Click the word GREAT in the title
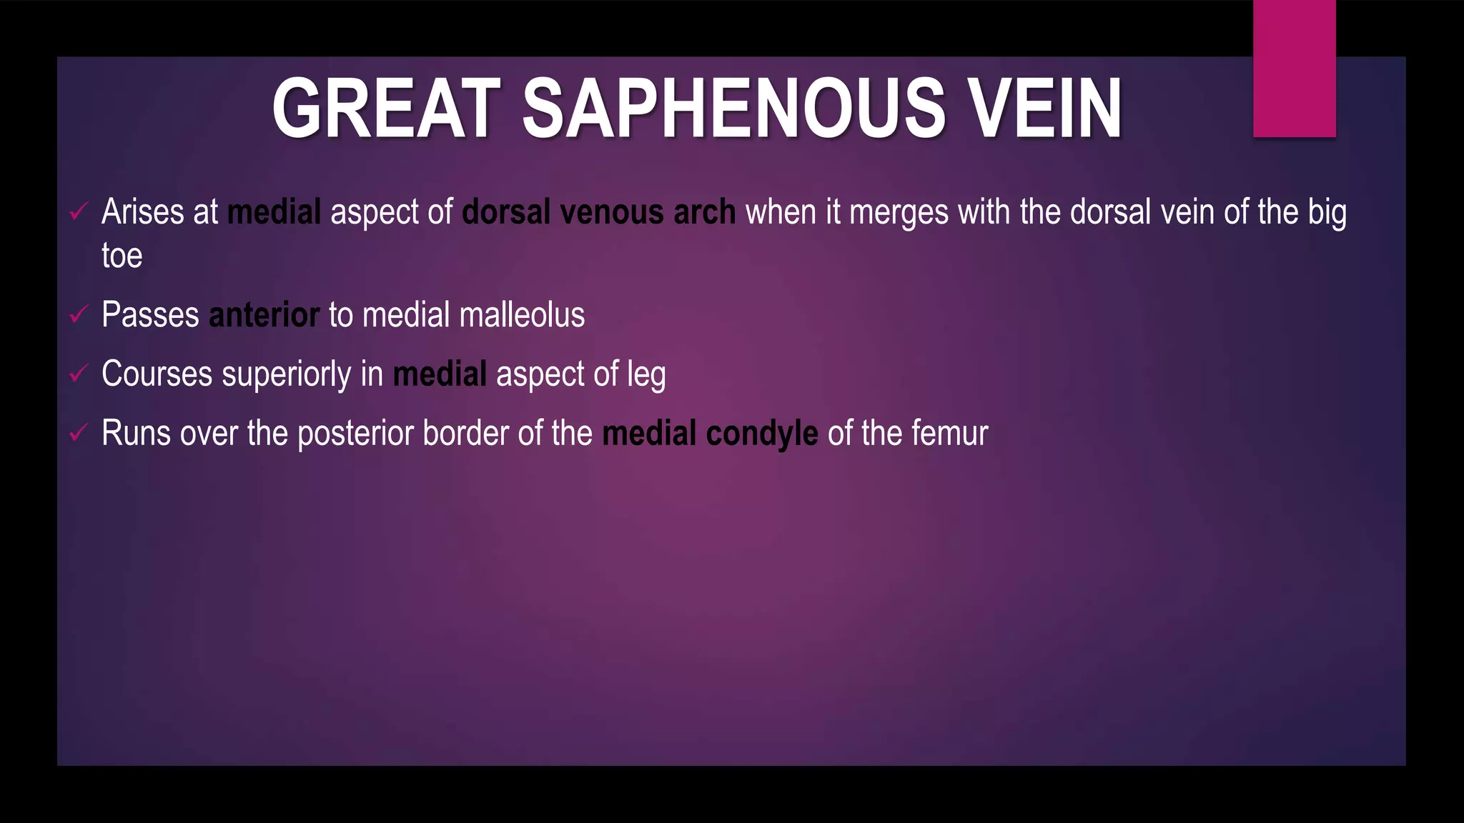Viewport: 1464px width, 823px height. tap(386, 109)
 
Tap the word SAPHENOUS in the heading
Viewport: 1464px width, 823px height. tap(733, 109)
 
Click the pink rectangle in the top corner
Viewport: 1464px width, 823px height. tap(1294, 69)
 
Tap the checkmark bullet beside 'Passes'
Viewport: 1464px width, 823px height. tap(79, 314)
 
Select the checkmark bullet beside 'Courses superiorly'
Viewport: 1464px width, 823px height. tap(79, 373)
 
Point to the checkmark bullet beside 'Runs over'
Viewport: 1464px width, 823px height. tap(79, 432)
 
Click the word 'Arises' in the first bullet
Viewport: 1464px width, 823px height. tap(142, 212)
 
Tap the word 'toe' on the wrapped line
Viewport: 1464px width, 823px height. tap(122, 256)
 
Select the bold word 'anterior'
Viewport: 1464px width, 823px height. tap(264, 315)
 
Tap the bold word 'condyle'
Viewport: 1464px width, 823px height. tap(761, 434)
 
